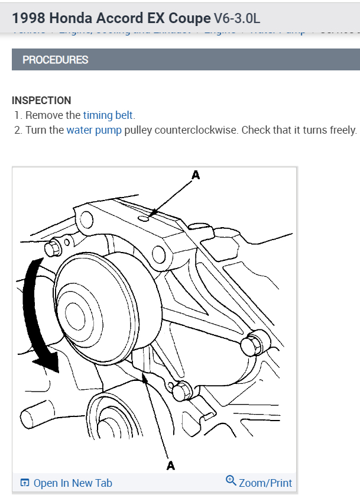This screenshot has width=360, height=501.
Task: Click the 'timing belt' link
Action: coord(109,115)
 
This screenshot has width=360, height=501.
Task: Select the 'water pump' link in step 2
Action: coord(94,130)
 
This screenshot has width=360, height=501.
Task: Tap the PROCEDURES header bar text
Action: coord(55,60)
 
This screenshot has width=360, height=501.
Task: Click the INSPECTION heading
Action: coord(41,101)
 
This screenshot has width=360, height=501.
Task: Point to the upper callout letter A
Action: coord(196,174)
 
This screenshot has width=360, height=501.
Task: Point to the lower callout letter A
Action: coord(171,466)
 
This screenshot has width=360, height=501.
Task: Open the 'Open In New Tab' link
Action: coord(73,483)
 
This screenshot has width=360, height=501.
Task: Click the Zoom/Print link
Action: coord(265,483)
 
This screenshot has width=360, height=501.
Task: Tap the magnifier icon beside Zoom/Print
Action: coord(231,481)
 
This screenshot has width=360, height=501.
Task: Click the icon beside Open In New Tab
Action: coord(25,483)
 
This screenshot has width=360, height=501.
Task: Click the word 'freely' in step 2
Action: coord(343,130)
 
